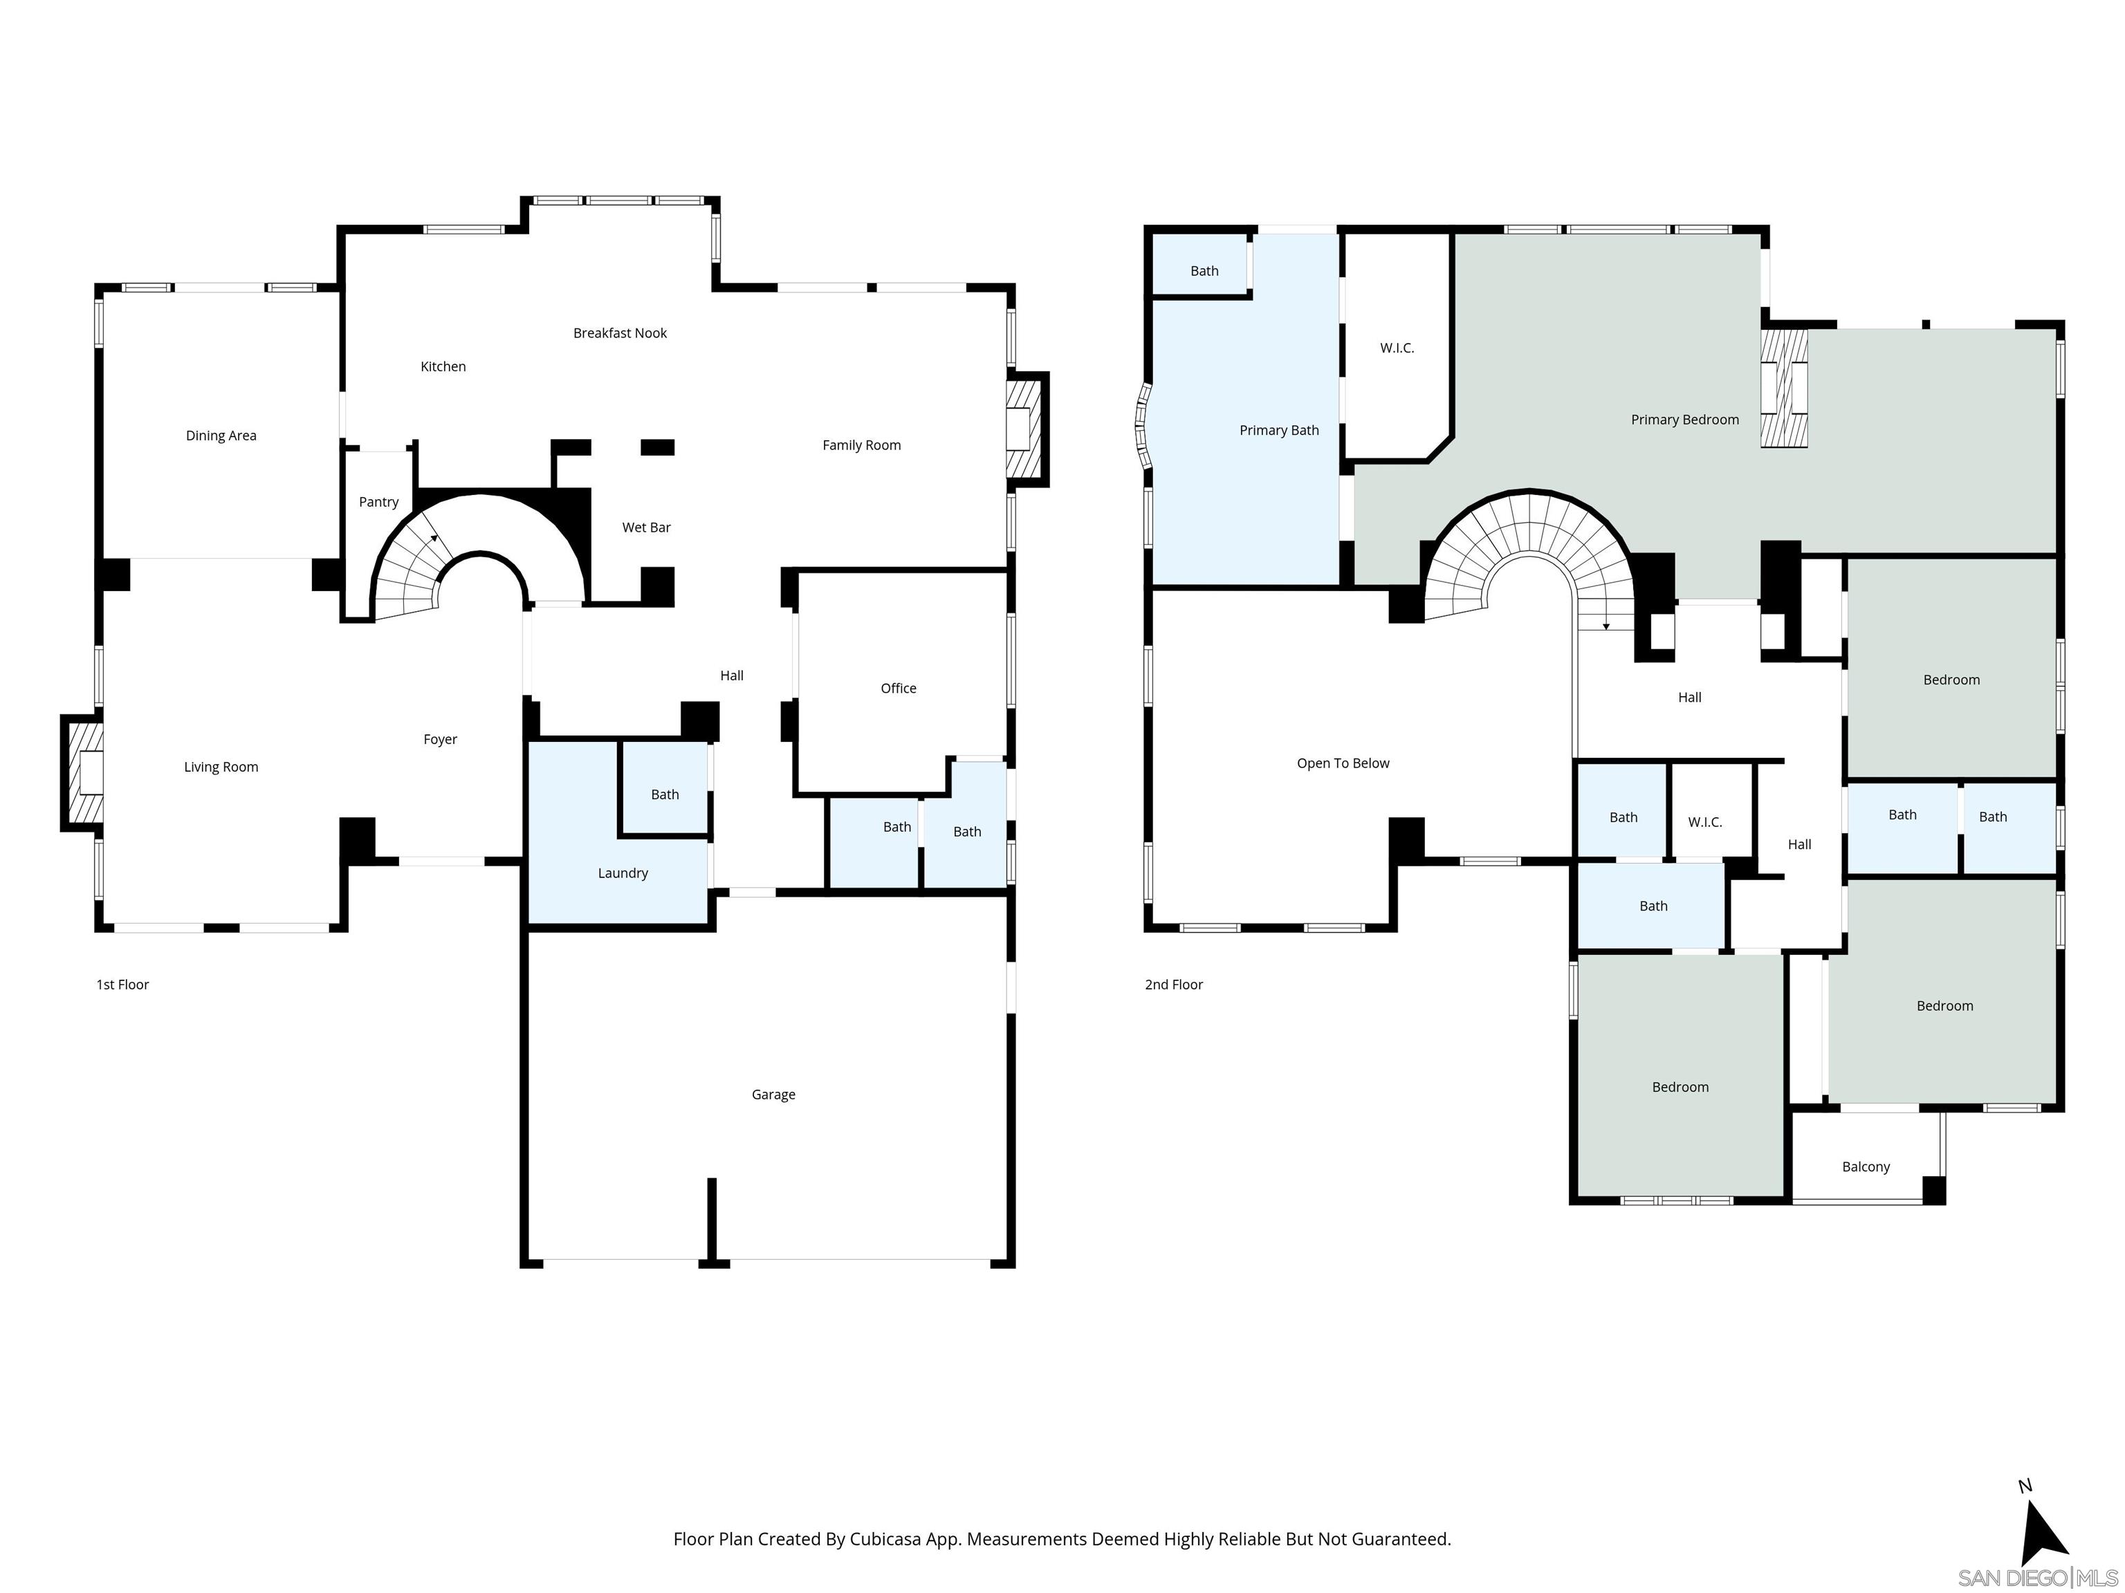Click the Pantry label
(378, 502)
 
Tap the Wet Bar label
(645, 527)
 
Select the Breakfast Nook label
(620, 333)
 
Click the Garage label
(773, 1094)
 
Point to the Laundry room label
(623, 873)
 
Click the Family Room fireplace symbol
(1024, 428)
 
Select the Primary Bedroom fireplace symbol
(1784, 388)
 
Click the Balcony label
(1866, 1166)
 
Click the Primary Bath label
(1278, 430)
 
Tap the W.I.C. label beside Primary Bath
(1397, 348)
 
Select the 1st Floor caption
(122, 985)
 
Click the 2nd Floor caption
(1173, 985)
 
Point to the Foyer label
(440, 739)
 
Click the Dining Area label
(221, 436)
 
